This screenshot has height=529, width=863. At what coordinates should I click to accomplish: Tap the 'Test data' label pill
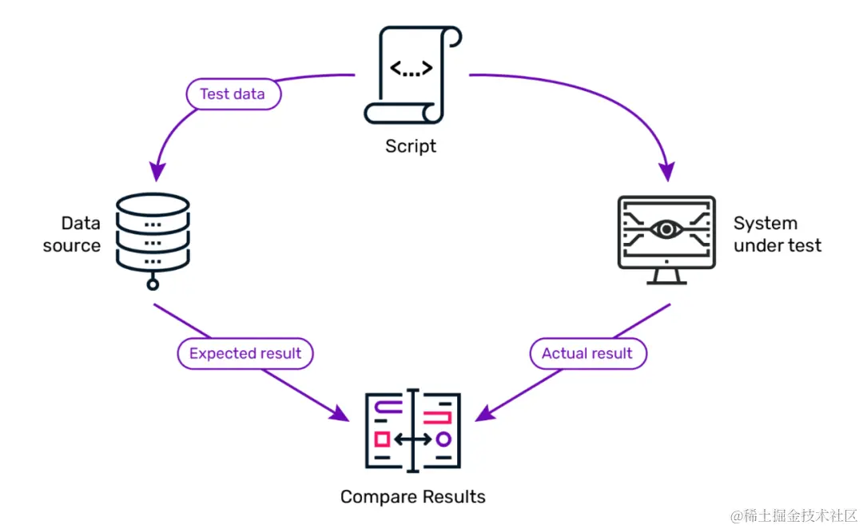coord(233,94)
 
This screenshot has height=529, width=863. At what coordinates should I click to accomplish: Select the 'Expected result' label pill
coord(245,353)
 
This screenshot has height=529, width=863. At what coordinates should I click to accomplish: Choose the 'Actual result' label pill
coord(587,353)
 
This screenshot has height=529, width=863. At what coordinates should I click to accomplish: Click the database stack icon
coord(153,232)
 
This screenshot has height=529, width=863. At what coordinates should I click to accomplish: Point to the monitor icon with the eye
coord(666,237)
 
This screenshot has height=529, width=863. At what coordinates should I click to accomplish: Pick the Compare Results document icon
coord(412,430)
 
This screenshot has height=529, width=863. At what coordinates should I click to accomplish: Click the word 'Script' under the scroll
coord(411,146)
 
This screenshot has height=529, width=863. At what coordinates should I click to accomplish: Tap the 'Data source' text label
coord(72,234)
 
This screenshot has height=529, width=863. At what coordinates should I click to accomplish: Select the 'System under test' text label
coord(777,234)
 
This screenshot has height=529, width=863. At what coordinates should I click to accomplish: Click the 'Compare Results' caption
coord(412,497)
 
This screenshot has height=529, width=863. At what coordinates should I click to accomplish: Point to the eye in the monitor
coord(666,230)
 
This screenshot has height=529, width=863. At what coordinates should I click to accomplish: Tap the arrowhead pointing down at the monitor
coord(666,170)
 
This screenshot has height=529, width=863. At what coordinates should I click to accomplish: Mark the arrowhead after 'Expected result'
coord(340,413)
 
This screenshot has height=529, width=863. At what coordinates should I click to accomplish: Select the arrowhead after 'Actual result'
coord(484,413)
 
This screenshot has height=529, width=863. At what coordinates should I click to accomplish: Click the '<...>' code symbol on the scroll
coord(411,68)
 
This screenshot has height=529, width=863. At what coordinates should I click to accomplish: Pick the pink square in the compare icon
coord(382,439)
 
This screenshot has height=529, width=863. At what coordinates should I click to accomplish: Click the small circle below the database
coord(153,284)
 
